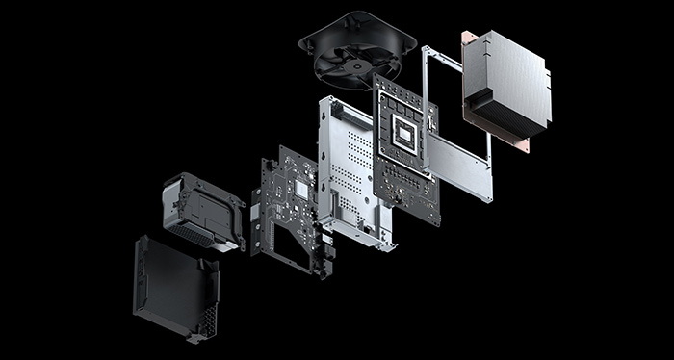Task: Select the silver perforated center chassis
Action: [x=352, y=173]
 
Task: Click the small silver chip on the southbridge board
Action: [x=300, y=191]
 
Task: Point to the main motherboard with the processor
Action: [x=405, y=154]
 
